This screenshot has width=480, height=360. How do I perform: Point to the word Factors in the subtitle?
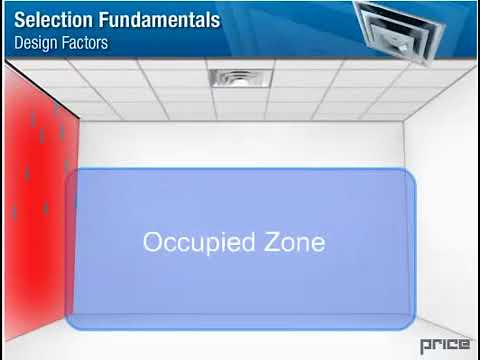(84, 43)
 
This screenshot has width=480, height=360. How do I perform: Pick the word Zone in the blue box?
(294, 242)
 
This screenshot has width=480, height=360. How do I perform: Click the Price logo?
(445, 344)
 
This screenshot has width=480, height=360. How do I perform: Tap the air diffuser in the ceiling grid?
(239, 78)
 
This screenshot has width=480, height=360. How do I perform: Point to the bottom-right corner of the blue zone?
(411, 324)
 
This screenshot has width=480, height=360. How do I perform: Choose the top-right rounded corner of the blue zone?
(408, 174)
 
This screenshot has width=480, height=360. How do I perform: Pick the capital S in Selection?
(19, 20)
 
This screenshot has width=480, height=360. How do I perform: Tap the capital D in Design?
(18, 43)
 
